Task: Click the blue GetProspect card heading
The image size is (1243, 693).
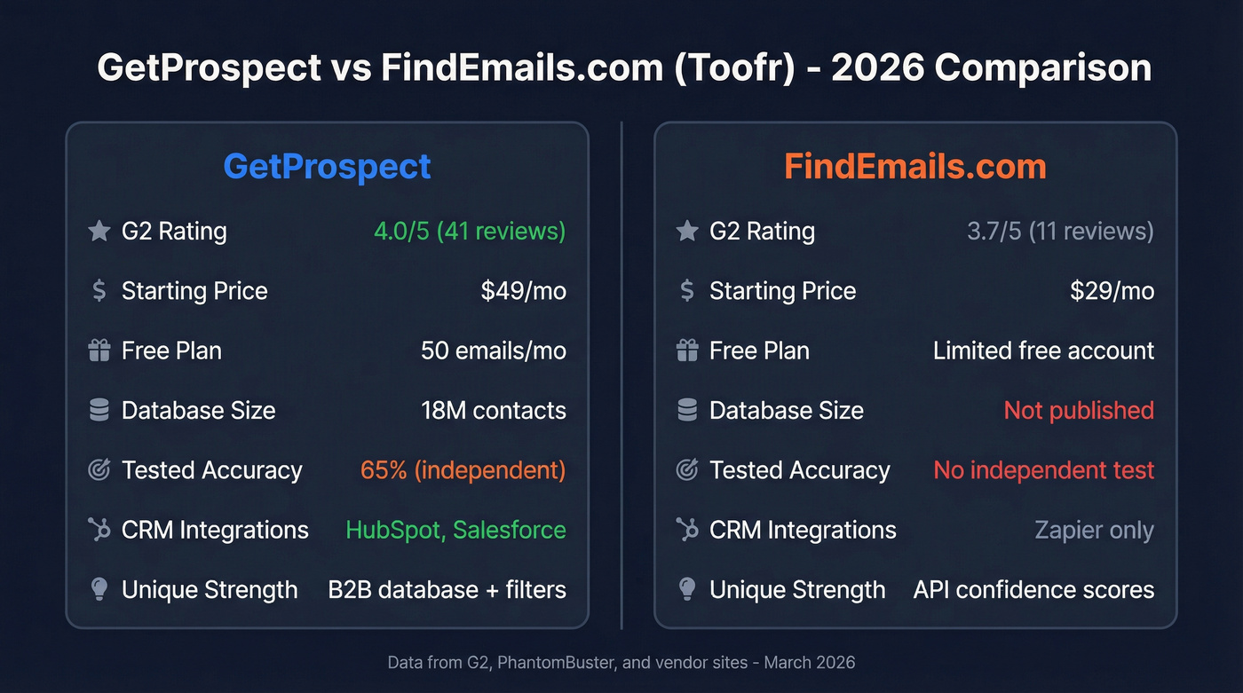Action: (327, 167)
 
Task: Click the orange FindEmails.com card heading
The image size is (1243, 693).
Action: (915, 167)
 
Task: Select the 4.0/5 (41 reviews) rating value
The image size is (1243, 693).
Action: (469, 232)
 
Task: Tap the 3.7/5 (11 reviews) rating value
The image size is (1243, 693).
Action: (1060, 232)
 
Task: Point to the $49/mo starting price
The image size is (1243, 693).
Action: (523, 291)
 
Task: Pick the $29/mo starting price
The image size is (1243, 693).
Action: (1112, 291)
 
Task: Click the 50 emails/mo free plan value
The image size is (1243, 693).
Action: (493, 350)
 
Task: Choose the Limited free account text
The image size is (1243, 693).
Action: (1043, 350)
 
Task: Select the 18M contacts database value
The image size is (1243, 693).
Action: (493, 411)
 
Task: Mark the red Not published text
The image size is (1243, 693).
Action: (1079, 411)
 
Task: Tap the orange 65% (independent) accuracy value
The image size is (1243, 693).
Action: (463, 470)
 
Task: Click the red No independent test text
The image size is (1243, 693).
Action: (1043, 470)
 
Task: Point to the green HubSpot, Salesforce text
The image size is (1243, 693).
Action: (455, 530)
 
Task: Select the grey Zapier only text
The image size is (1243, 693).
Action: (1094, 531)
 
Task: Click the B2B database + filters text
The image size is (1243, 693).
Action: (447, 590)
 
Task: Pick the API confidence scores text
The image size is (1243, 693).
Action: (1033, 590)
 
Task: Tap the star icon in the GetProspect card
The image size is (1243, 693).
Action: (99, 232)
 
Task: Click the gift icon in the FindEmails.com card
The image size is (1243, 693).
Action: (687, 350)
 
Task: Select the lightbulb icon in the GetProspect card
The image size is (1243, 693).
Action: (99, 590)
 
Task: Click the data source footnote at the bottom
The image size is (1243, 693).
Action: (621, 663)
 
